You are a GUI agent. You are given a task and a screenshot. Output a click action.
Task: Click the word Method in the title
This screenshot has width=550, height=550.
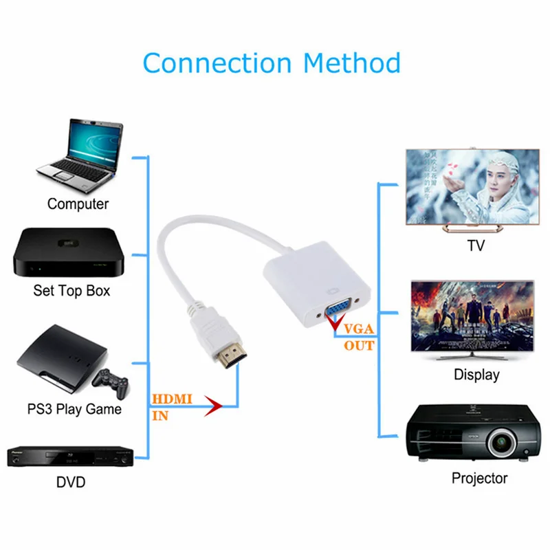352,63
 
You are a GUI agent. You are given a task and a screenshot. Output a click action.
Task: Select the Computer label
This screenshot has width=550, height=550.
78,204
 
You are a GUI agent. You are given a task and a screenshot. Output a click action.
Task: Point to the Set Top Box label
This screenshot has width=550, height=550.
71,291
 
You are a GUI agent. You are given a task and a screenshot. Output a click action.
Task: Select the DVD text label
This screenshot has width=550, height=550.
71,483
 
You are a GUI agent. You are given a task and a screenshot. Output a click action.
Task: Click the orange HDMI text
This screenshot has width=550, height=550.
172,399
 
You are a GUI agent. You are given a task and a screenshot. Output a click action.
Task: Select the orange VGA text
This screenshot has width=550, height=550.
360,328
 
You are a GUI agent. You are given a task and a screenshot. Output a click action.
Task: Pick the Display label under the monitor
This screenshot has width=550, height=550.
476,375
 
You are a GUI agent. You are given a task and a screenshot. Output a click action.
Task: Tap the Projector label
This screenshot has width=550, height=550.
479,478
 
